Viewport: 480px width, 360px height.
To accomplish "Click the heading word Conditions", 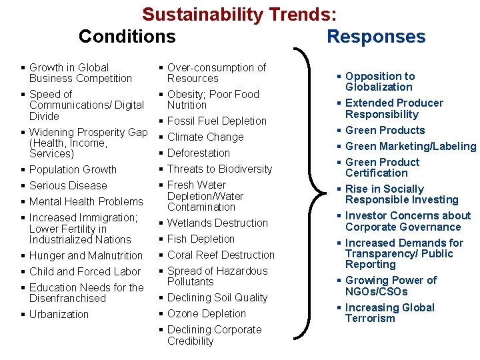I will (127, 36).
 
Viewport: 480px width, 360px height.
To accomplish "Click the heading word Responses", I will (376, 36).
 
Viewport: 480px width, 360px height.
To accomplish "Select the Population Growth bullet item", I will (73, 170).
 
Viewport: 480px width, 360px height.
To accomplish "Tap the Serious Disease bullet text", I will (68, 186).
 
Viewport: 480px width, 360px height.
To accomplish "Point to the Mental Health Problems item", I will (86, 202).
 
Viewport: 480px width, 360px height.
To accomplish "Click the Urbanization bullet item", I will (59, 315).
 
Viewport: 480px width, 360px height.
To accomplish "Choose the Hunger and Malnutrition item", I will (86, 256).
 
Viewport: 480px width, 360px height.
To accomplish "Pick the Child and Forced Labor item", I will (85, 272).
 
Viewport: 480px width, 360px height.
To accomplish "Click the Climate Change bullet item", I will (205, 137).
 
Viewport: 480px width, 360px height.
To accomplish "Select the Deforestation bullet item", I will (198, 153).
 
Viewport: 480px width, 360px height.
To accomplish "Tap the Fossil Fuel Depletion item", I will (217, 121).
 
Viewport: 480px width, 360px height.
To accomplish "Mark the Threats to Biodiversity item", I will (219, 169).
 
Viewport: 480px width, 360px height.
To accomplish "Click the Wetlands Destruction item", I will (217, 223).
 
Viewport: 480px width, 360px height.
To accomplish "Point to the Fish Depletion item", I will (201, 239).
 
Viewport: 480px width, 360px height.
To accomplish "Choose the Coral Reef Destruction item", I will (221, 255).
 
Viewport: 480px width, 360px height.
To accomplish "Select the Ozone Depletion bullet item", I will (207, 314).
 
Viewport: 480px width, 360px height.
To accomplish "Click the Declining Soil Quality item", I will (217, 298).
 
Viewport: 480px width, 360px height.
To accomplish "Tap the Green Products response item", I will (385, 131).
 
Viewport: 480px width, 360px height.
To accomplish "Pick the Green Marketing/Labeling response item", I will (411, 147).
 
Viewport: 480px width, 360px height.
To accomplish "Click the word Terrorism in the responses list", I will (370, 319).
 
